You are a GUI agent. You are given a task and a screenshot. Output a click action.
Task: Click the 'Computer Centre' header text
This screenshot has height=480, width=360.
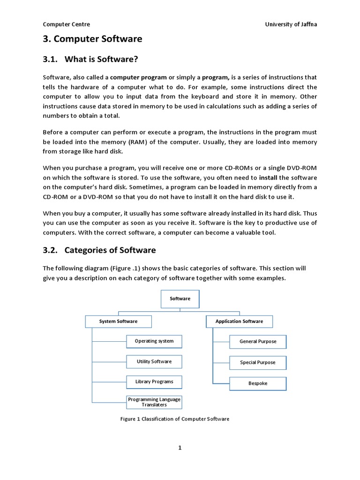[67, 24]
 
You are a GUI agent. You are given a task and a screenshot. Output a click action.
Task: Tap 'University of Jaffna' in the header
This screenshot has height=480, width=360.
[291, 24]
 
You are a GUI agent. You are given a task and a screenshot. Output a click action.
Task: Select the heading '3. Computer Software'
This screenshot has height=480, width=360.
[92, 39]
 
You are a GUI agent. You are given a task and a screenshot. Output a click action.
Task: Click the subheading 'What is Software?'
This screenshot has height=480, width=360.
[102, 59]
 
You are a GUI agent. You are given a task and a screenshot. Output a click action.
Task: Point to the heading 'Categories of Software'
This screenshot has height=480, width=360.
[110, 250]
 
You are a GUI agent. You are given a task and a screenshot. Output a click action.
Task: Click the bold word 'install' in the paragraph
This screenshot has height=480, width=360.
[268, 178]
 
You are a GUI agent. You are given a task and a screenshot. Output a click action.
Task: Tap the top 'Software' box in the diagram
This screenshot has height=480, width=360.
[180, 299]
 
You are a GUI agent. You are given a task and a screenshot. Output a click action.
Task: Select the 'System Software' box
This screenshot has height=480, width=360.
[118, 322]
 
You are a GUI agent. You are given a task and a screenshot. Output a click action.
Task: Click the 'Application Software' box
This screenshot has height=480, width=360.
[239, 322]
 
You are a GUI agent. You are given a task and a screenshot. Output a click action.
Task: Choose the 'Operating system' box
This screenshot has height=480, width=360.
[154, 341]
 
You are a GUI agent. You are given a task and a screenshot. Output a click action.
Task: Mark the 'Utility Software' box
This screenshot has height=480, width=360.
[154, 362]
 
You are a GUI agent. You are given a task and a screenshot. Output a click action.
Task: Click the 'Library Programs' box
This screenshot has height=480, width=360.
[154, 382]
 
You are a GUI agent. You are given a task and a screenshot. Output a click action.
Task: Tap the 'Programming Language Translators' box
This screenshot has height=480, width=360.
[154, 402]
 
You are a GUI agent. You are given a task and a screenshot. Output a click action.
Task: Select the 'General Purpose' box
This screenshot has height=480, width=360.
[258, 342]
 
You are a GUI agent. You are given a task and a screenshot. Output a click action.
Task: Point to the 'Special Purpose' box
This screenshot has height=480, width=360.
[258, 363]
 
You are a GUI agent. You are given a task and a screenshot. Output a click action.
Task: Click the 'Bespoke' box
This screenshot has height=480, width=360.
[258, 383]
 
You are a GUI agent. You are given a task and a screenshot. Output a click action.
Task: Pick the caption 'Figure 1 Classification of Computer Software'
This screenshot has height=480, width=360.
[175, 419]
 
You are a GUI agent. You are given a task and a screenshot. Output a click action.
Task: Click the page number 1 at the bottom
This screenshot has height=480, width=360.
[180, 448]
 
